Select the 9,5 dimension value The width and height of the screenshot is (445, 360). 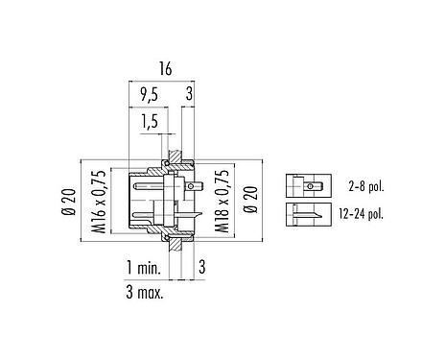click(x=148, y=95)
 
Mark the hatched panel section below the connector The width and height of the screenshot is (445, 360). click(x=175, y=236)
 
